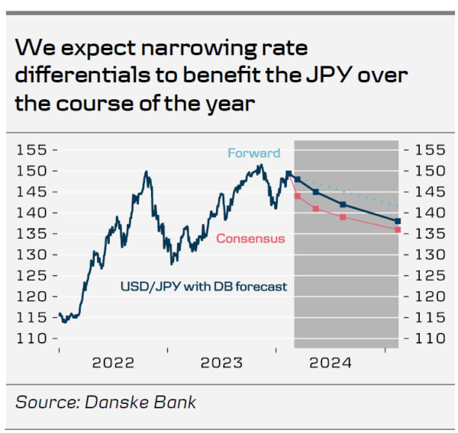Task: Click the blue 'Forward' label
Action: pos(254,153)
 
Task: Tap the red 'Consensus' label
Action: pos(250,239)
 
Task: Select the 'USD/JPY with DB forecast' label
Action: pos(204,287)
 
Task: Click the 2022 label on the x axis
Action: pos(113,363)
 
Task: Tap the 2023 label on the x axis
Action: pos(221,363)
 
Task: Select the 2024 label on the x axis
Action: pos(331,363)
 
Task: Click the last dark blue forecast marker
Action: pos(398,221)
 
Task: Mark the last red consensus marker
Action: pos(398,229)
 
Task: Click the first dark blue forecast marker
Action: pos(297,180)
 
